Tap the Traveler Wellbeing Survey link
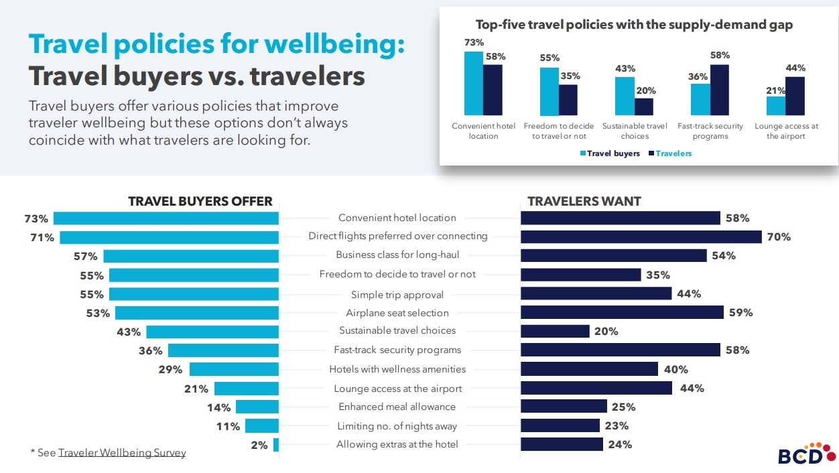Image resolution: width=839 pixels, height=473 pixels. click(122, 453)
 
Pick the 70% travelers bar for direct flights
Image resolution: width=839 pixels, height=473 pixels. click(641, 236)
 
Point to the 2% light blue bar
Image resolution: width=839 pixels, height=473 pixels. click(276, 445)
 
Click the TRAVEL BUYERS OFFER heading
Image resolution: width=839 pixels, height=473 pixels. click(200, 201)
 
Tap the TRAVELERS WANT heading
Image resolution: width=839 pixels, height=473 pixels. click(584, 201)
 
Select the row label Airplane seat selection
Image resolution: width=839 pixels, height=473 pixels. click(397, 313)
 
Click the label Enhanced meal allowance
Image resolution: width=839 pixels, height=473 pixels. click(397, 407)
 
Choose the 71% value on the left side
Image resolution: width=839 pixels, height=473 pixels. click(42, 237)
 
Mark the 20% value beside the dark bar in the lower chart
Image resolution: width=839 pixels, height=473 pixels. click(606, 332)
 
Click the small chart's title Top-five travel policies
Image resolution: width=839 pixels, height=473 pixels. click(634, 25)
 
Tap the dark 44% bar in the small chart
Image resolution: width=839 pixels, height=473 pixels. click(795, 96)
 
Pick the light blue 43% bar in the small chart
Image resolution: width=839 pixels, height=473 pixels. click(625, 96)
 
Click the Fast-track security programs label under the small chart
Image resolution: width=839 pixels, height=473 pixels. click(710, 131)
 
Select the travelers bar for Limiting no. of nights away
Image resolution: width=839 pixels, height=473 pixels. click(560, 425)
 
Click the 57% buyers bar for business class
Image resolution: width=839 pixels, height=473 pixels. click(190, 256)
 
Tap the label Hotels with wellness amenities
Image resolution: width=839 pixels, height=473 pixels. click(397, 369)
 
